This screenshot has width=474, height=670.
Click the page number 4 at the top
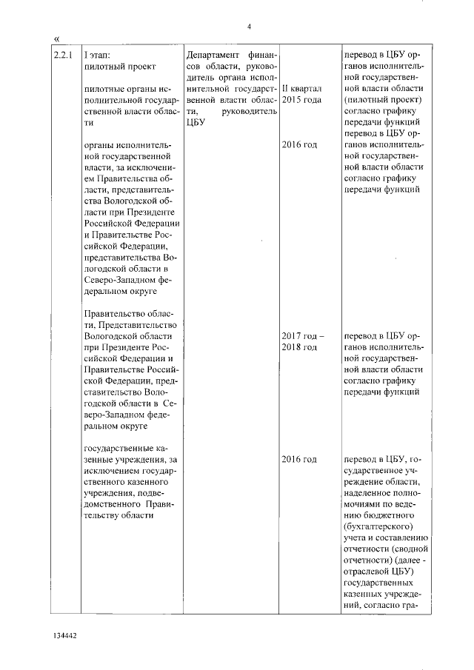[x=250, y=27]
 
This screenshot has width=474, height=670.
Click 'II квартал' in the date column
[x=301, y=88]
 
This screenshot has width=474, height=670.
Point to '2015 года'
[x=302, y=99]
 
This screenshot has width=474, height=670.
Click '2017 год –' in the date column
[x=302, y=335]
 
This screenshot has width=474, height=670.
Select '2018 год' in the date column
[x=300, y=346]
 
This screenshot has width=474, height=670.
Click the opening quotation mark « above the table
[x=57, y=38]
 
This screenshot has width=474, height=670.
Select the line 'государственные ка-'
[x=129, y=449]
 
